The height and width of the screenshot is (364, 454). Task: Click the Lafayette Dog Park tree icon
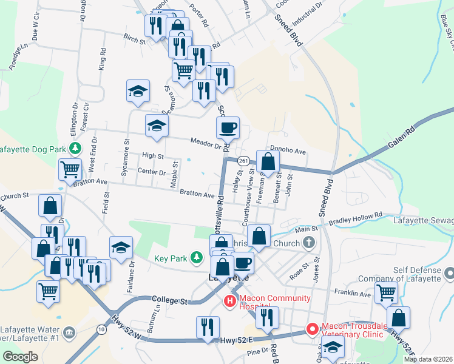(x=75, y=148)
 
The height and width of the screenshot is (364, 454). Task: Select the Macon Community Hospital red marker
(x=231, y=300)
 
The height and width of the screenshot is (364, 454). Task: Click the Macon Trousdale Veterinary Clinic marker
(x=312, y=329)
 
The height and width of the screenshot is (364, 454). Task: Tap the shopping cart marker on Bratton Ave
(x=70, y=170)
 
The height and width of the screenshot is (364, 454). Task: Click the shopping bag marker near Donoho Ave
(x=268, y=162)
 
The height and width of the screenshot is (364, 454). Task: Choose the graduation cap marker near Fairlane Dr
(x=121, y=248)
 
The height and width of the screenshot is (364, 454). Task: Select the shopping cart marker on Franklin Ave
(x=387, y=293)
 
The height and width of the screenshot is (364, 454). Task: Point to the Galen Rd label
(x=402, y=140)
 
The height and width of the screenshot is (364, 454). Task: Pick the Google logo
(x=20, y=356)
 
